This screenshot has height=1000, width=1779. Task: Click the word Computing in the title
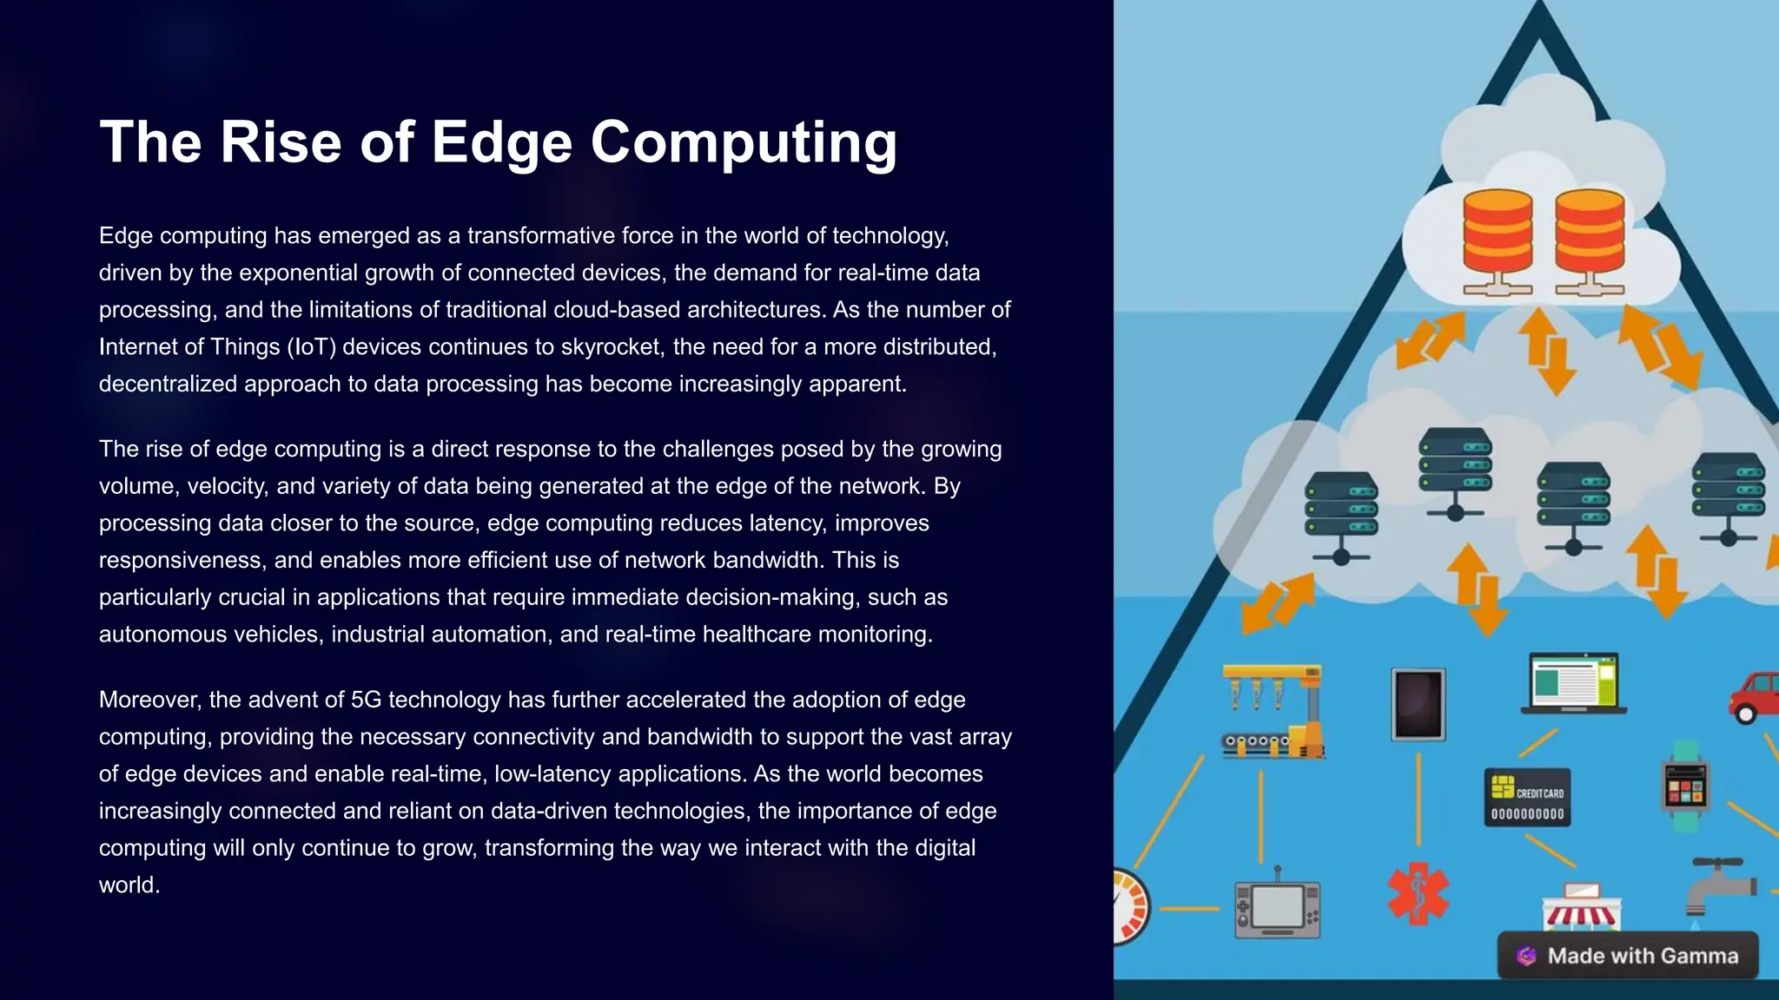point(744,142)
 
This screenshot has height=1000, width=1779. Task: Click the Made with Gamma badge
point(1628,956)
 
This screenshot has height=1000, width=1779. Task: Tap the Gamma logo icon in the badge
point(1526,956)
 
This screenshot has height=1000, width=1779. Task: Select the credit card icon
point(1527,797)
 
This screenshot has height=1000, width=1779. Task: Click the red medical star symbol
point(1418,893)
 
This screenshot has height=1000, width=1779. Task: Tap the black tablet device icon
point(1418,704)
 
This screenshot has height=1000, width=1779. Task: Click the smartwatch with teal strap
point(1685,786)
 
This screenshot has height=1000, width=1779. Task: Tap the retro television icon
point(1277,909)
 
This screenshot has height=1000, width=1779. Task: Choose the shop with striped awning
point(1580,907)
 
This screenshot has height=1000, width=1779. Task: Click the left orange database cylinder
point(1498,233)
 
